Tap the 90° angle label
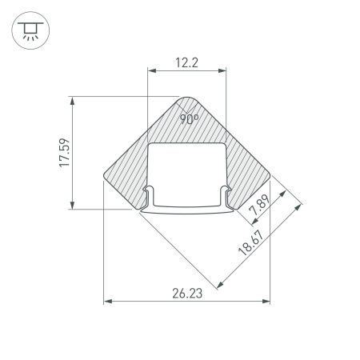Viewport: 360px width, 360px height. (x=189, y=119)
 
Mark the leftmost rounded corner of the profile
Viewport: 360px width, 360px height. (x=106, y=173)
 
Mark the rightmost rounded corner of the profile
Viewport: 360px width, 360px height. (x=268, y=173)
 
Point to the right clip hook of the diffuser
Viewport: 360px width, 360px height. (x=227, y=194)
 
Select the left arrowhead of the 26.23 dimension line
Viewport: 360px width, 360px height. (x=108, y=302)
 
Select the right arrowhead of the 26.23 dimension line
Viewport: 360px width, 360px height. (x=266, y=302)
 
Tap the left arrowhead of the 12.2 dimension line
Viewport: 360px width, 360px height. (x=151, y=70)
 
